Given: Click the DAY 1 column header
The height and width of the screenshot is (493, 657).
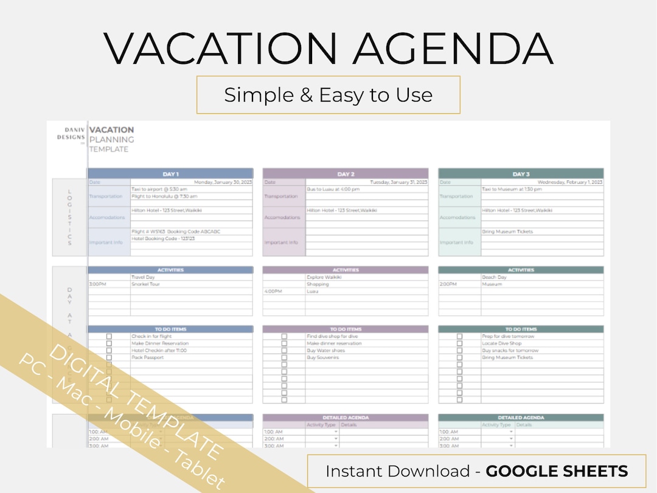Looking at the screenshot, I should click(x=170, y=174).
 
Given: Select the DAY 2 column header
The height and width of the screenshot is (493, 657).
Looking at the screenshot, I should click(x=346, y=174).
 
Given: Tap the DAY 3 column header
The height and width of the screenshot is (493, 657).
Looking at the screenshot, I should click(x=521, y=174).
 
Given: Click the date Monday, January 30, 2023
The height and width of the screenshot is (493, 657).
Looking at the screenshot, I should click(x=223, y=182).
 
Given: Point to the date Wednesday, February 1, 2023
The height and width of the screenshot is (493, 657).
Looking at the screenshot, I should click(x=570, y=182).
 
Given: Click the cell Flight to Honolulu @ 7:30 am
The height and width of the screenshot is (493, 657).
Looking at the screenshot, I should click(x=164, y=197).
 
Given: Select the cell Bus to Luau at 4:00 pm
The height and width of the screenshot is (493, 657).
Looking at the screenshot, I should click(x=333, y=189).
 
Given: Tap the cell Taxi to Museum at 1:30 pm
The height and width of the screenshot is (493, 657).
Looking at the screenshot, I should click(x=512, y=189).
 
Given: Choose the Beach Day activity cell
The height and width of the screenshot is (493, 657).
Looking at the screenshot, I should click(x=494, y=277).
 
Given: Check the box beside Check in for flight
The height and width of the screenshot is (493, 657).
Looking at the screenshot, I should click(x=109, y=337).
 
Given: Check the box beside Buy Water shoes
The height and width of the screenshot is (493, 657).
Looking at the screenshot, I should click(x=284, y=351).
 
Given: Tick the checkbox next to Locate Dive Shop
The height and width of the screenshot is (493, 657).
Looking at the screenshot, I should click(x=459, y=344).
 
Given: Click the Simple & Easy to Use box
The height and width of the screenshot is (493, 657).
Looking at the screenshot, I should click(x=328, y=95).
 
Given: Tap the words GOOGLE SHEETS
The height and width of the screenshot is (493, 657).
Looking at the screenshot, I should click(x=557, y=471).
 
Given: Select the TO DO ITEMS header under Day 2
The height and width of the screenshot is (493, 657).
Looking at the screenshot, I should click(x=346, y=329).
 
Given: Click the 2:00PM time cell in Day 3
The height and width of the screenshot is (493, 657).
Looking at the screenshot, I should click(x=448, y=284).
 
